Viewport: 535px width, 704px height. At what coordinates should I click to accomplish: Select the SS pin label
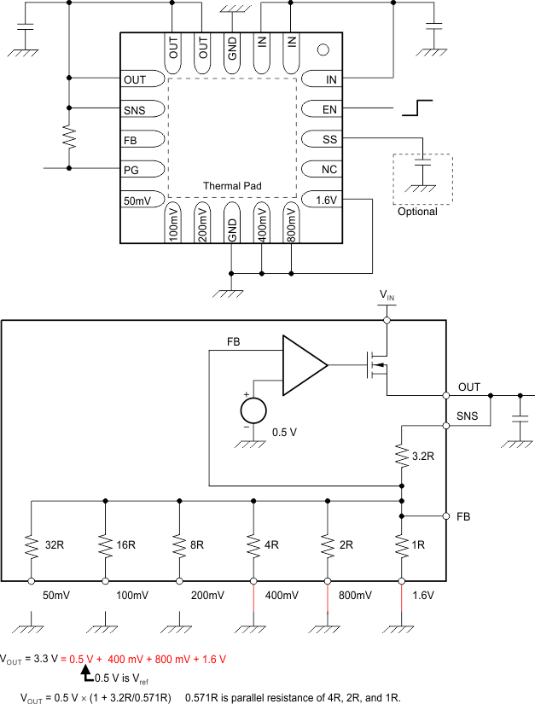tap(330, 140)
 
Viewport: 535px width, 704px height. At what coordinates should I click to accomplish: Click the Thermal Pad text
tap(232, 185)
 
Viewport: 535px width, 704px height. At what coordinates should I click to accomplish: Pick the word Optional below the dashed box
tap(417, 212)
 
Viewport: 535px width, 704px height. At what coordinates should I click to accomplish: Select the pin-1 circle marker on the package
tap(323, 50)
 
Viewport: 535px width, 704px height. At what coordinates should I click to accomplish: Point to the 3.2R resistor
tap(402, 457)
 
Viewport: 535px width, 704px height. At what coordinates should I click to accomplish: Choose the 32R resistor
tap(31, 543)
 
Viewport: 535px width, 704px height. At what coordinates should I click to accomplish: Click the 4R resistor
tap(253, 543)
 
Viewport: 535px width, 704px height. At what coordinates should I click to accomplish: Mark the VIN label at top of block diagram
tap(387, 294)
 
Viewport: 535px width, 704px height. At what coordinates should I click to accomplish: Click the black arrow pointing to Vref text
tap(86, 674)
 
